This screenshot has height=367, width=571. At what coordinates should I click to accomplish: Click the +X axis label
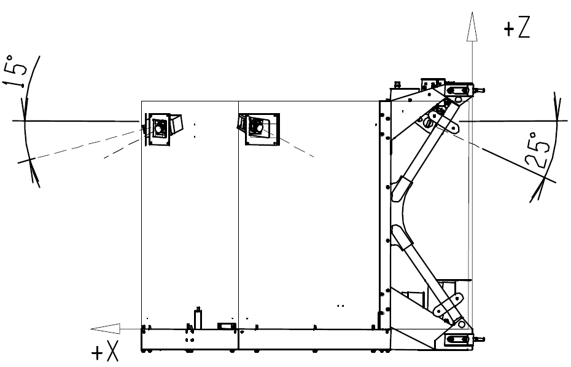pyautogui.click(x=105, y=352)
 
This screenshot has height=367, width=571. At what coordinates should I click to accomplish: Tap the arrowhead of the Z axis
pyautogui.click(x=472, y=26)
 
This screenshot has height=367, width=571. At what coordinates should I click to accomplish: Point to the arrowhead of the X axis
pyautogui.click(x=105, y=329)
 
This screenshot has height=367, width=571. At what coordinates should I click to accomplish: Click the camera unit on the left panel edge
pyautogui.click(x=163, y=128)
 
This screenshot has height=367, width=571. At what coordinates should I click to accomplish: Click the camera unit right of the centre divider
pyautogui.click(x=258, y=129)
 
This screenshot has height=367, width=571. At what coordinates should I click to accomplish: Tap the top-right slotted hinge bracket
pyautogui.click(x=460, y=90)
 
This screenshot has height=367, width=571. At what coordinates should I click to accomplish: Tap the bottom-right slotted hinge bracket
pyautogui.click(x=460, y=340)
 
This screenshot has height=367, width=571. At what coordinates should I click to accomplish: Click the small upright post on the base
pyautogui.click(x=198, y=318)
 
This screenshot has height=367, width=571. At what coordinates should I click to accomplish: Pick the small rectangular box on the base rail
pyautogui.click(x=227, y=326)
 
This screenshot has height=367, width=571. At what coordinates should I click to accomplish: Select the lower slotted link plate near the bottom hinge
pyautogui.click(x=448, y=305)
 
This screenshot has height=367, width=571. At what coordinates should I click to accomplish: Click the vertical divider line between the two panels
pyautogui.click(x=238, y=215)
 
